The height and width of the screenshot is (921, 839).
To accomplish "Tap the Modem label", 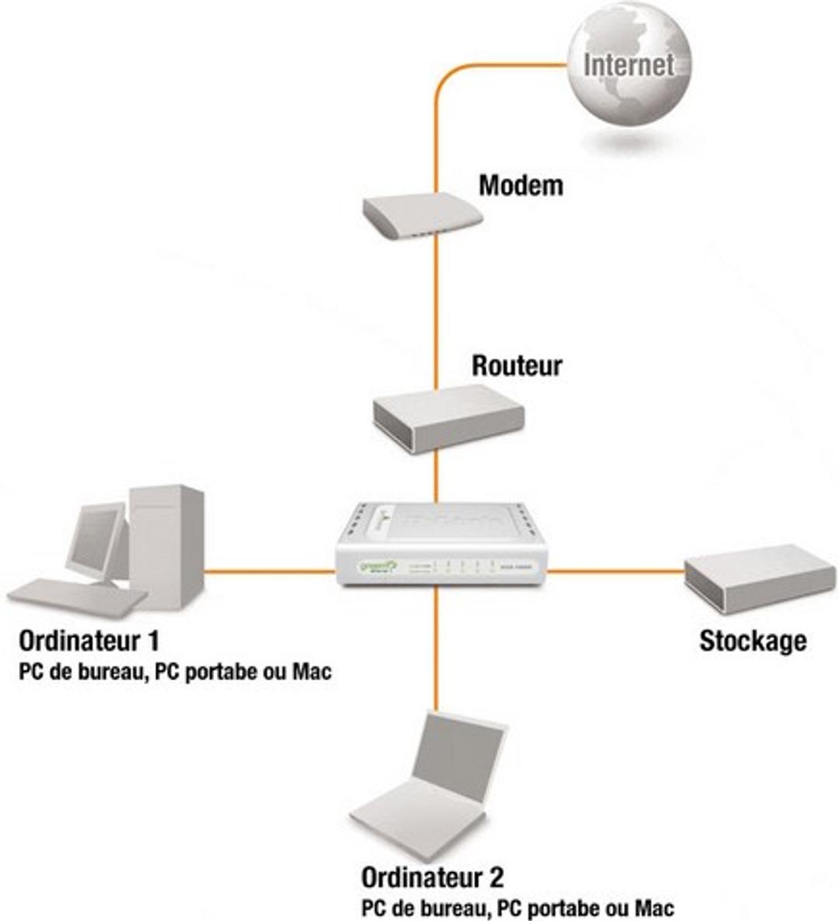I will pyautogui.click(x=520, y=186).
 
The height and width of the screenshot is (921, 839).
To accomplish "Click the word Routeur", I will pyautogui.click(x=517, y=366).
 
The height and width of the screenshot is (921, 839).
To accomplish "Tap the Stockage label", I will pyautogui.click(x=752, y=641).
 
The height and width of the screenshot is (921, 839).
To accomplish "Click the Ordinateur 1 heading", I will pyautogui.click(x=89, y=641).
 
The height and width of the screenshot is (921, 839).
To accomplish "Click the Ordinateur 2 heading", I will pyautogui.click(x=432, y=878).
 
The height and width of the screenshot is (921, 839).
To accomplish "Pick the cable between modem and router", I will pyautogui.click(x=437, y=311).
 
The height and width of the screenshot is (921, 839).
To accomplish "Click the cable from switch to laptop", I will pyautogui.click(x=437, y=652).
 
